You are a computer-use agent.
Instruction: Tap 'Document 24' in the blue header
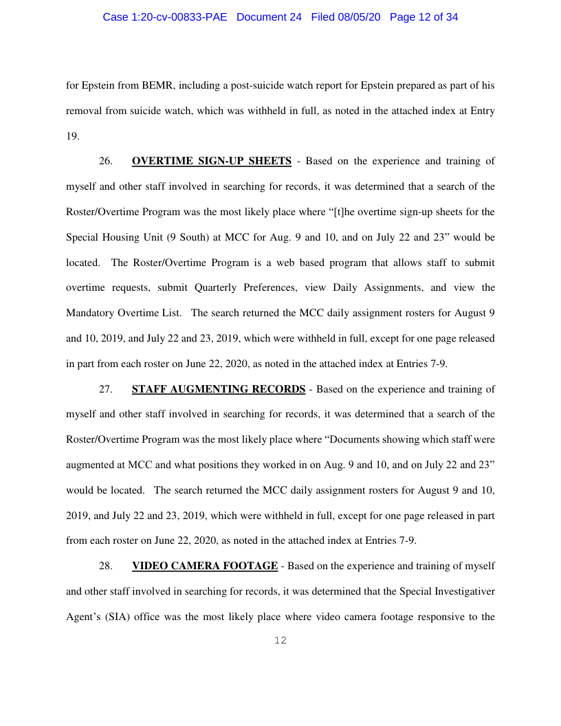[269, 17]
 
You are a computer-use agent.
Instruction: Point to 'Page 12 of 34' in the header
[423, 17]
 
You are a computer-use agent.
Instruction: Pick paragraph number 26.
[106, 162]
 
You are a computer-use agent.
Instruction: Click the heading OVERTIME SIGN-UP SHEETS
[212, 162]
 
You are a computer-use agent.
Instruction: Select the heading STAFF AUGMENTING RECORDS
[219, 389]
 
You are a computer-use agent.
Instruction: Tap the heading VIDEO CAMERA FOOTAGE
[205, 566]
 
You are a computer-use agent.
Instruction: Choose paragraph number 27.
[106, 389]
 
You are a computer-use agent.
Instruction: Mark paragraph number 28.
[106, 566]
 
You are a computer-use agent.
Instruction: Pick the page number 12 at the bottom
[280, 641]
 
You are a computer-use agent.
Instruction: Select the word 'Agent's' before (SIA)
[85, 617]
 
